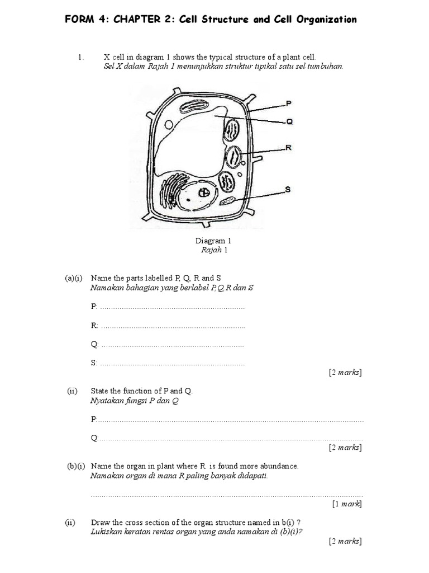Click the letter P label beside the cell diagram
[288, 103]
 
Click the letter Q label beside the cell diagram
[289, 121]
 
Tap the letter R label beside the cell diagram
[289, 148]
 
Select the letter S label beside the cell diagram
[288, 189]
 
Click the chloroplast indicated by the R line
[233, 156]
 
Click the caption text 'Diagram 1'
[213, 241]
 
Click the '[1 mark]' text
[346, 504]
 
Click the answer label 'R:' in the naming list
[94, 325]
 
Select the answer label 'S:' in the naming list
[94, 363]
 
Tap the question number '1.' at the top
[81, 57]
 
